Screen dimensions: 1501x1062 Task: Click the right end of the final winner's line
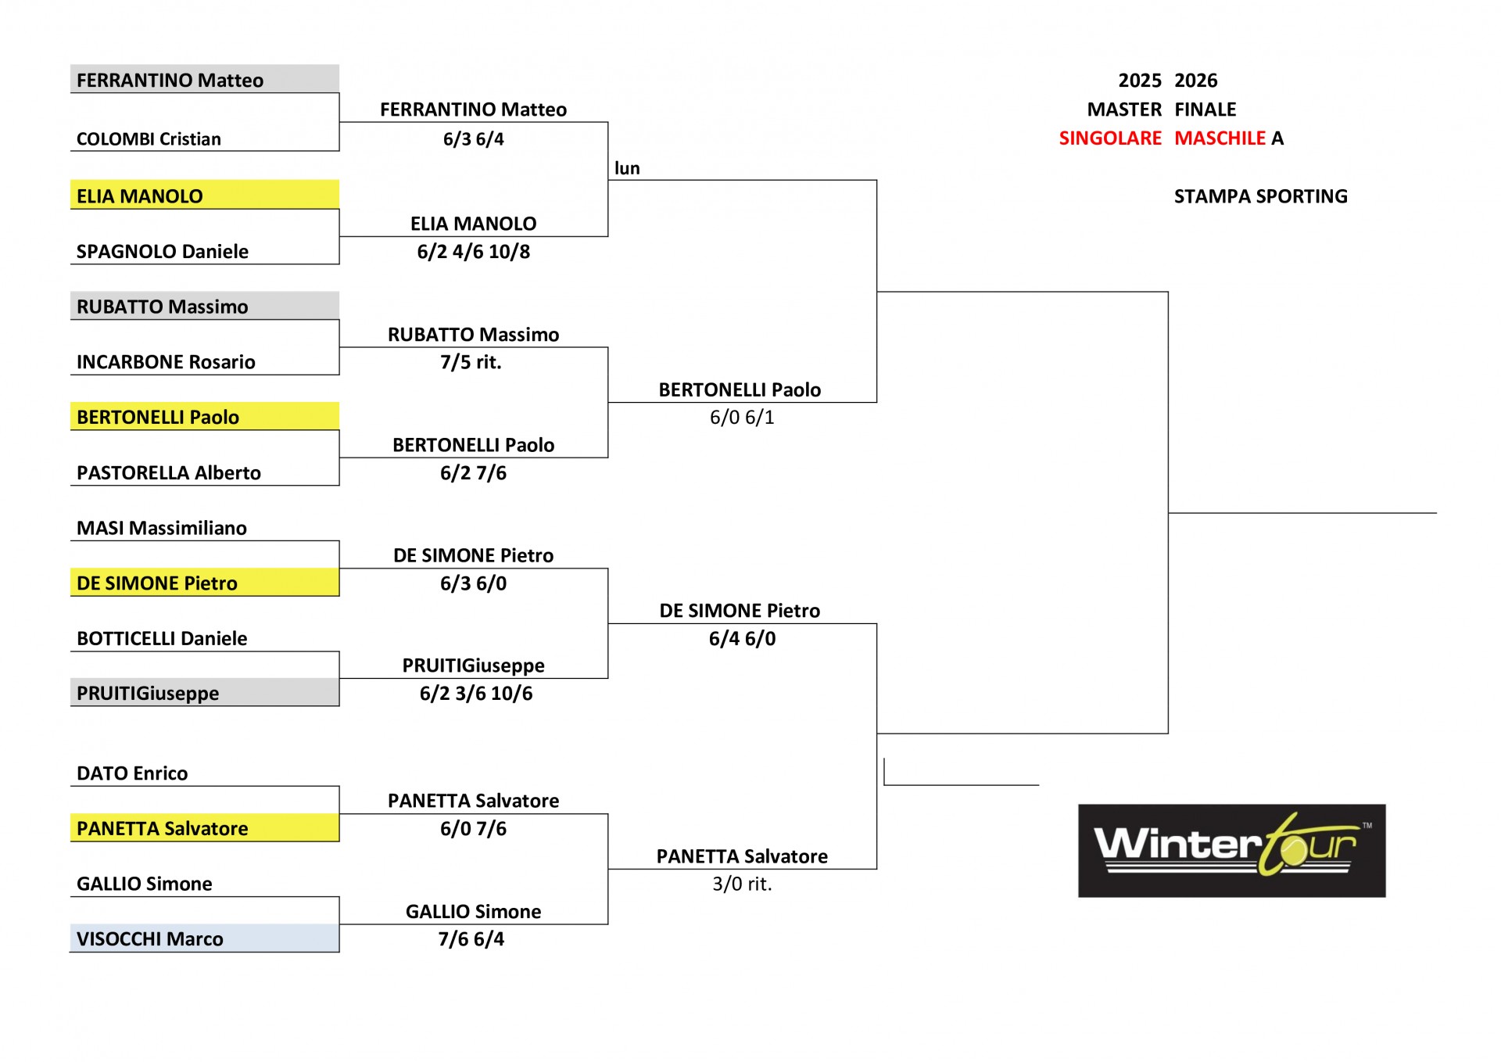[x=1436, y=513]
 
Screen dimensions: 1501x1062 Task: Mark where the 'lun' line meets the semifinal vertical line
[x=876, y=181]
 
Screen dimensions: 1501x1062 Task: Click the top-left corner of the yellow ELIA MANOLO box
[x=71, y=181]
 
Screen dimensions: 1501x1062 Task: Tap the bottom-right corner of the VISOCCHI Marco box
[x=339, y=952]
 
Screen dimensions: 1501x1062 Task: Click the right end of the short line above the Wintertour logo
[x=1038, y=784]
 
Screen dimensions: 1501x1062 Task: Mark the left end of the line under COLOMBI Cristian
[x=71, y=151]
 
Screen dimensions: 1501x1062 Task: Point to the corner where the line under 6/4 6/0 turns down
[x=876, y=623]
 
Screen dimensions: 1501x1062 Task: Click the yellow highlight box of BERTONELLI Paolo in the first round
[x=205, y=416]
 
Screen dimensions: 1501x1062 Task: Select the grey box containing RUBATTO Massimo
[x=205, y=306]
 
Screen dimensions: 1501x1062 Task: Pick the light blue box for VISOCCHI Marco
[x=205, y=938]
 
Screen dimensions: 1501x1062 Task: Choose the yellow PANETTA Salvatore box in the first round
[x=205, y=827]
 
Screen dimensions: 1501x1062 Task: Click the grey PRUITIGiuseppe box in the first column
[x=205, y=692]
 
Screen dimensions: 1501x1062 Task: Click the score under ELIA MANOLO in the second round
[x=474, y=252]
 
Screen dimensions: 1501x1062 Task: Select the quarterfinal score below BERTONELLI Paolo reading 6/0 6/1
[x=742, y=418]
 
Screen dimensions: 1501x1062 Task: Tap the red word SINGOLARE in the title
[x=1110, y=138]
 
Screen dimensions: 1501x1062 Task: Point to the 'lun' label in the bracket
[x=627, y=168]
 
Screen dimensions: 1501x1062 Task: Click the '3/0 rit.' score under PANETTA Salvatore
[x=742, y=884]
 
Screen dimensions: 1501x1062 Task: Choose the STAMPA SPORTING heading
[x=1261, y=196]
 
